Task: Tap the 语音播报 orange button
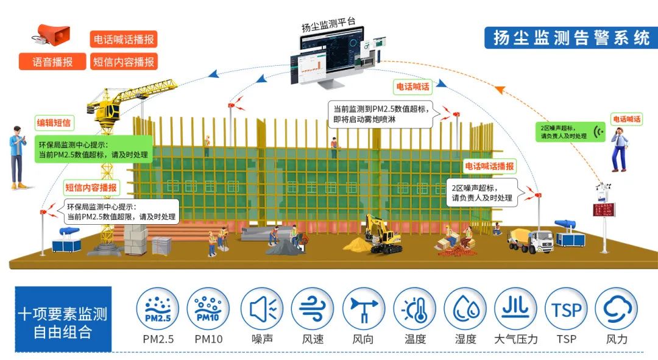point(52,62)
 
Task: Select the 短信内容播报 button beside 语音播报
point(124,62)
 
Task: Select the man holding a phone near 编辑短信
point(18,156)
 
